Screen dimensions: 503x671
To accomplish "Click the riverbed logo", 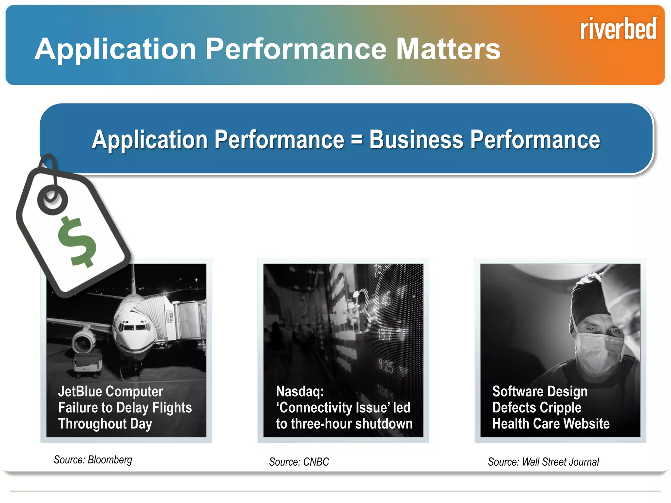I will click(618, 29).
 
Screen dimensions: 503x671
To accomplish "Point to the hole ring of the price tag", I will click(52, 200).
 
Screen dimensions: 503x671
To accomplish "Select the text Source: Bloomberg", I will click(93, 460).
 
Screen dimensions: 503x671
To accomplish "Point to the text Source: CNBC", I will click(299, 462).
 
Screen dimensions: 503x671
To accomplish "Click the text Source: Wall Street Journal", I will click(543, 462).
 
